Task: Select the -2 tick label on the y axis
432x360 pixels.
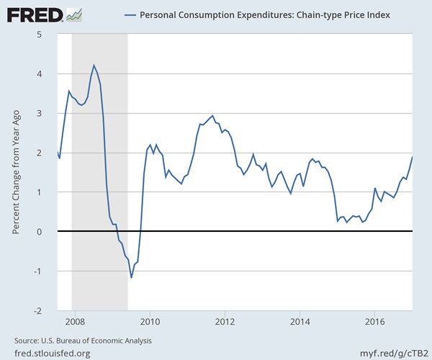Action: (45, 310)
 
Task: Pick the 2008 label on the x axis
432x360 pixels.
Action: (75, 321)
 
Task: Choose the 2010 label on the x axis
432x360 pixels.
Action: (150, 321)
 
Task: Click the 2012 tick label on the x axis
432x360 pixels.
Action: (225, 321)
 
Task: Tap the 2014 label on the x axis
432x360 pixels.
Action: (300, 321)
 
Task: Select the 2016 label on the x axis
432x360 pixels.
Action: (374, 321)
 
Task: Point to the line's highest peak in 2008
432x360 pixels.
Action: (94, 65)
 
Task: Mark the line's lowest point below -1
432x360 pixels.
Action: (131, 277)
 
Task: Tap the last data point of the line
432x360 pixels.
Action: (412, 157)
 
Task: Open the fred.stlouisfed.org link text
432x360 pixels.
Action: (52, 353)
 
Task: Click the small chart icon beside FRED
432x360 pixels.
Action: (73, 14)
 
